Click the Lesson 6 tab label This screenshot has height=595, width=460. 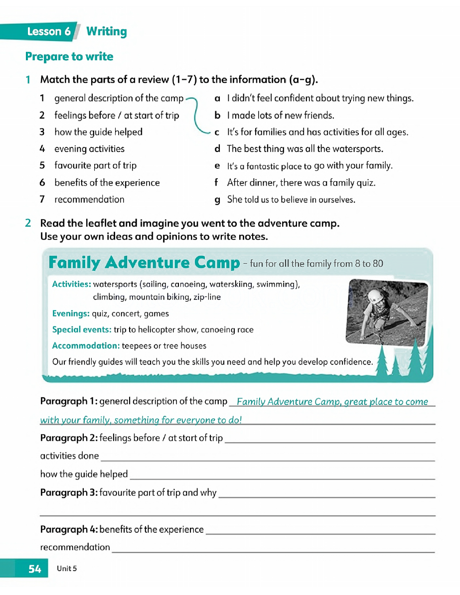[48, 32]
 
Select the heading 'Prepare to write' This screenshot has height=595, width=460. [69, 57]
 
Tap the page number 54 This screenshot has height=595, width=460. [34, 569]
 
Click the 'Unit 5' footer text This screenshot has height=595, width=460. [67, 569]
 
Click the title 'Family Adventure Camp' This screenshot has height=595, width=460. [144, 263]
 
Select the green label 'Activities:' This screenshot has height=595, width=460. [71, 284]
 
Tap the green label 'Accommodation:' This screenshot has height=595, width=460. [86, 346]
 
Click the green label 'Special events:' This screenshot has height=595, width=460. [82, 330]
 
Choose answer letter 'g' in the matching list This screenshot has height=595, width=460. [217, 200]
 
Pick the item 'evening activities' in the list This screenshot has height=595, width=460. [89, 149]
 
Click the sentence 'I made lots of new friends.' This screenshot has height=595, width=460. [281, 116]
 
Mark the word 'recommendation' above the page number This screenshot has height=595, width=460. [75, 547]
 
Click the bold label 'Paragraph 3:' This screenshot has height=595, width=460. [69, 493]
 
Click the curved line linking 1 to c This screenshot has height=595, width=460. [196, 116]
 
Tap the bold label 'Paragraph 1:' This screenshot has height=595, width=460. [69, 401]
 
